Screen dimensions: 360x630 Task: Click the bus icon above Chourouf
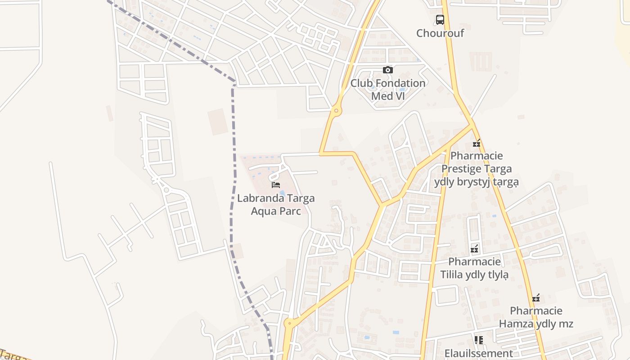(440, 20)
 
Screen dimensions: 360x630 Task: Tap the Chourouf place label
(440, 33)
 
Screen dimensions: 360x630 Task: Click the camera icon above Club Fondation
(387, 70)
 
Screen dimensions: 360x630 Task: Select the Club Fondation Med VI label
(387, 89)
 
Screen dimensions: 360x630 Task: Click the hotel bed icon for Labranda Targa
(276, 184)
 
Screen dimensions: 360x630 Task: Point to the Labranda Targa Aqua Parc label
(276, 204)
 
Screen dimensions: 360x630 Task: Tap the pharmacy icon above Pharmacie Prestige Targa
(477, 144)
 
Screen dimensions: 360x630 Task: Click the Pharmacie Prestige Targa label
(477, 169)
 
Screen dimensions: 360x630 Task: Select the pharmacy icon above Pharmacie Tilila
(474, 248)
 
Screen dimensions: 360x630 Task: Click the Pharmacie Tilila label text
(474, 268)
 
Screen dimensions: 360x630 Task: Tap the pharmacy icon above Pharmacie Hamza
(536, 298)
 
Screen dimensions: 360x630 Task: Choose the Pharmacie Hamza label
(536, 317)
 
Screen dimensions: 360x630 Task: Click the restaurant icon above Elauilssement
(478, 340)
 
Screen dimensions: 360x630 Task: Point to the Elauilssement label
(478, 353)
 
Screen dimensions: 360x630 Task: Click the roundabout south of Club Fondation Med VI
(336, 110)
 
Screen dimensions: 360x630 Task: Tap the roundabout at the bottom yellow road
(289, 323)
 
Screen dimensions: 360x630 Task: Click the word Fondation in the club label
(400, 83)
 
